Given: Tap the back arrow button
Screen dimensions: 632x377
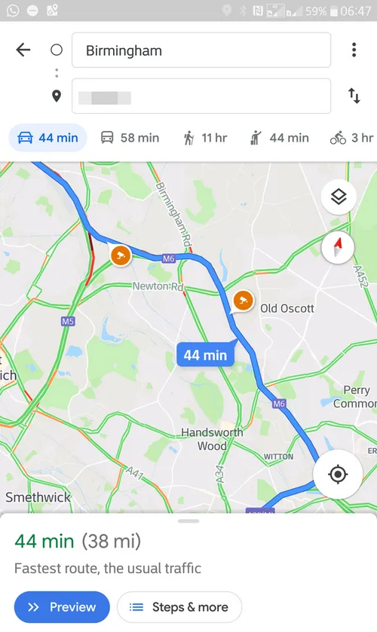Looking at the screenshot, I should (x=23, y=50).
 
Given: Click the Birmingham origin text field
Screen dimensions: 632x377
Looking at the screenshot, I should (x=201, y=50).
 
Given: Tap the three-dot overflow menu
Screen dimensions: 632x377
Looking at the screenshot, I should (x=354, y=50).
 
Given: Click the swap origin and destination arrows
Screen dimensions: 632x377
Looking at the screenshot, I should (x=354, y=96).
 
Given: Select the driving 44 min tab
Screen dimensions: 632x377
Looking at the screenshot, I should (x=48, y=138).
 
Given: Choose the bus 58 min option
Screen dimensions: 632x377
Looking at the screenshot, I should (x=130, y=138).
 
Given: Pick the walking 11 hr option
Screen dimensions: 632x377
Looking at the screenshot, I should (x=204, y=138).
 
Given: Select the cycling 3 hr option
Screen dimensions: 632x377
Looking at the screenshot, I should (x=351, y=138).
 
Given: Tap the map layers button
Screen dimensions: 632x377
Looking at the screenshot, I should (x=338, y=197).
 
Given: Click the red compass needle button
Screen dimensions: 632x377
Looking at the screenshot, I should (x=338, y=247).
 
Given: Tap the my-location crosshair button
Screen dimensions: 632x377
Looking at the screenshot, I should (x=338, y=474).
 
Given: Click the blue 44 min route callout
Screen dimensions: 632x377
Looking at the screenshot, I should (x=205, y=354).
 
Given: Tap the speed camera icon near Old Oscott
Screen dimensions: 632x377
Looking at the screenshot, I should (x=242, y=301).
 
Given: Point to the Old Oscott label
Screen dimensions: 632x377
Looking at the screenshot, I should (x=287, y=309).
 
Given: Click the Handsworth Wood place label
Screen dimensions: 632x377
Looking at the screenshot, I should (x=212, y=439).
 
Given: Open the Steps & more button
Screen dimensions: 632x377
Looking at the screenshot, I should (x=179, y=607).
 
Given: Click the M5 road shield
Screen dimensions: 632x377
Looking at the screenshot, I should (x=68, y=322).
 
